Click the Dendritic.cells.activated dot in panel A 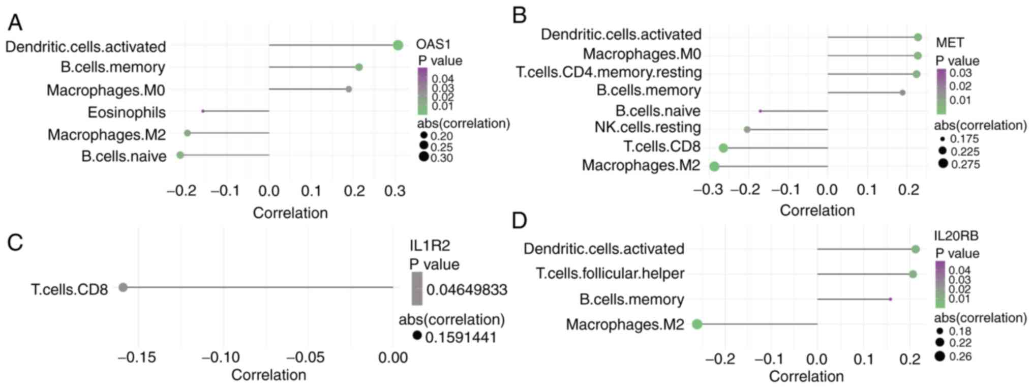[398, 45]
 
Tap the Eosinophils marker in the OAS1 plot [203, 111]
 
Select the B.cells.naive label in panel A [124, 156]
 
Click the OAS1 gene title [433, 44]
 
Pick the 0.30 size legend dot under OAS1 [423, 157]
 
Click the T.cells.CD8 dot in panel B [723, 148]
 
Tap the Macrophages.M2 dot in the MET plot [714, 166]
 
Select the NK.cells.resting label [648, 127]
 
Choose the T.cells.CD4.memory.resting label [609, 72]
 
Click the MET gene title [950, 42]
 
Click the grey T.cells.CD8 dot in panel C [123, 287]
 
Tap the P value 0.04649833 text [467, 290]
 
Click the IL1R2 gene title [430, 246]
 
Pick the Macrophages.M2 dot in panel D [697, 324]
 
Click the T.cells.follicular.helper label [610, 274]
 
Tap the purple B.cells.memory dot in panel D [890, 299]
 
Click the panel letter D [519, 221]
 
